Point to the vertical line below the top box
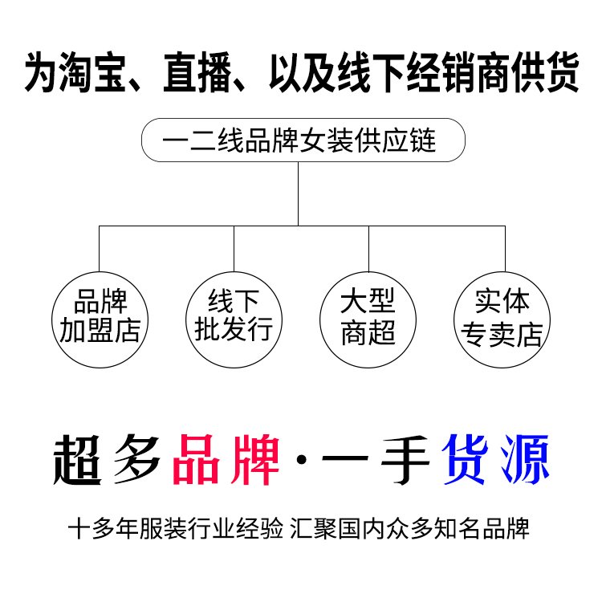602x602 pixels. pyautogui.click(x=299, y=193)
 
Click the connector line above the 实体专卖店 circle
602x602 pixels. pyautogui.click(x=504, y=249)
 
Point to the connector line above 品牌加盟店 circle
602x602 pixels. pyautogui.click(x=99, y=249)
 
